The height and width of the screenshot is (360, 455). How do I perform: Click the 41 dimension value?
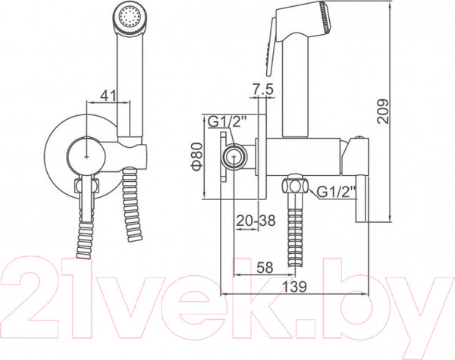(108, 95)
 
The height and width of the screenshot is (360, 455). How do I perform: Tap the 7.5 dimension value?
(262, 89)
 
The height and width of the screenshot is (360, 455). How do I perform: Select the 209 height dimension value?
(382, 111)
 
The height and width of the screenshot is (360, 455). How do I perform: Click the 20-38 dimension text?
(256, 221)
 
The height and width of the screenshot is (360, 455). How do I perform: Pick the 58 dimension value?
(265, 268)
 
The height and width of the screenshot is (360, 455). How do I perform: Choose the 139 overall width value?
(294, 287)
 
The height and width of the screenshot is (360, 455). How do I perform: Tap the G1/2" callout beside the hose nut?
(336, 192)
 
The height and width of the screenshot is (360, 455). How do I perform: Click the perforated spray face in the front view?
(129, 17)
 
